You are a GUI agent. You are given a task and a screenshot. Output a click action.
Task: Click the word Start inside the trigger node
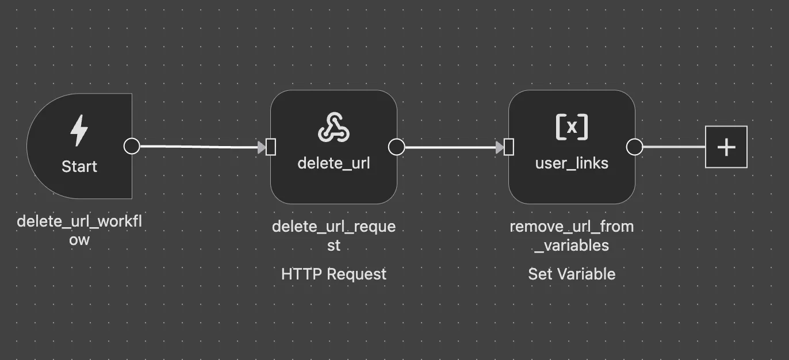click(79, 167)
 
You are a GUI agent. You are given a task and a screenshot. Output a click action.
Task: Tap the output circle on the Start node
click(132, 146)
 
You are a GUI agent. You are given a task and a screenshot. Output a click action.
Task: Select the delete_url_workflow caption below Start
click(79, 230)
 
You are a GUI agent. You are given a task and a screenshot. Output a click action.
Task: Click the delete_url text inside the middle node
click(334, 163)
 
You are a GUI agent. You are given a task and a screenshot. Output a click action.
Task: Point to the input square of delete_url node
click(271, 147)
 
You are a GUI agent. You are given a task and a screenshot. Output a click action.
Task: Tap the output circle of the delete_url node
click(396, 147)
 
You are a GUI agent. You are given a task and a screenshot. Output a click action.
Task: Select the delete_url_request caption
click(334, 235)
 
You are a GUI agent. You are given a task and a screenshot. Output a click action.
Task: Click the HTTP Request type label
click(334, 274)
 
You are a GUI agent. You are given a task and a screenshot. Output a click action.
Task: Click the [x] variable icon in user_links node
click(572, 127)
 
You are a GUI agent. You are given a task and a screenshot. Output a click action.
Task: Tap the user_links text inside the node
click(572, 163)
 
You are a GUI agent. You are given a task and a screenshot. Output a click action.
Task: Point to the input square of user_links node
click(509, 147)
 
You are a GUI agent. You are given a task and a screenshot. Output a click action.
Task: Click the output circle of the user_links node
click(634, 147)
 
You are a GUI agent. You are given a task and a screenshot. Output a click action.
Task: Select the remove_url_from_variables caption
click(572, 235)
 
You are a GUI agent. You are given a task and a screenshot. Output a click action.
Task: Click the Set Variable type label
click(572, 274)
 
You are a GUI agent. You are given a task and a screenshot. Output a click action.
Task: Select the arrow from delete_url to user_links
click(451, 148)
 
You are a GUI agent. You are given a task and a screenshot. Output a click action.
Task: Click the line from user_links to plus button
click(673, 147)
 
